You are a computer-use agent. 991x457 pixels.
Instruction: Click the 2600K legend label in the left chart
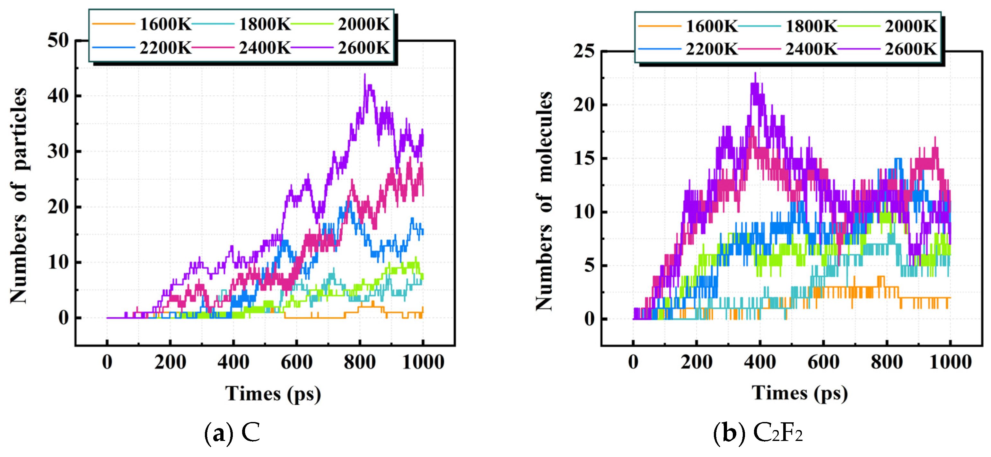(364, 48)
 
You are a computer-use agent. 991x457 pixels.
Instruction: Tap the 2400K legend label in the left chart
(265, 48)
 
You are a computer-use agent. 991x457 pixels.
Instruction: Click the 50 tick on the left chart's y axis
(58, 40)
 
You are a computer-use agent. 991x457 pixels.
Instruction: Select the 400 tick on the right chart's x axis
(760, 362)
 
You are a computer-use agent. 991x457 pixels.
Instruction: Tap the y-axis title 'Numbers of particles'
(19, 195)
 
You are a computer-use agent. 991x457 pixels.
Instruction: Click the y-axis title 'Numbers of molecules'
(544, 201)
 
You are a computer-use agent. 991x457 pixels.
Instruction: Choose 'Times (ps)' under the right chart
(799, 393)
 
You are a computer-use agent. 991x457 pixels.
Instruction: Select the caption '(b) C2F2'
(758, 433)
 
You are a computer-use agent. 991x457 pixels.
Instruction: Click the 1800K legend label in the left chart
(265, 25)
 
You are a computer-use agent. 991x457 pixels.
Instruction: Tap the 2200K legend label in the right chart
(712, 49)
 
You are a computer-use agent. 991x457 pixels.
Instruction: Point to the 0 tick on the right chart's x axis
(633, 362)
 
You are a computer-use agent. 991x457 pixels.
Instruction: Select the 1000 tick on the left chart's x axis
(423, 362)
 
